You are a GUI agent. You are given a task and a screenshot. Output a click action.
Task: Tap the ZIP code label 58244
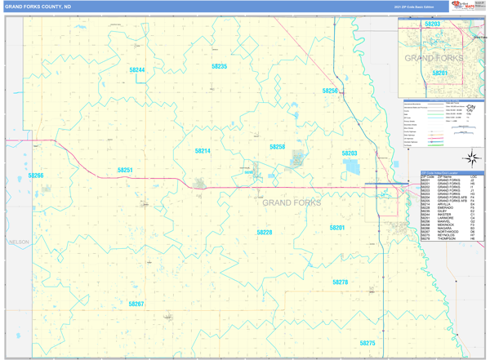[136, 70]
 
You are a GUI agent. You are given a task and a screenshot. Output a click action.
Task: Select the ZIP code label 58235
[219, 66]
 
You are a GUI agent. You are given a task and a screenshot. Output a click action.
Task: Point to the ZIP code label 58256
[330, 91]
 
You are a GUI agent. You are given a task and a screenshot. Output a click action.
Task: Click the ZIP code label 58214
[203, 151]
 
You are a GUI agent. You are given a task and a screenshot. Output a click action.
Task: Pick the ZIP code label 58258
[278, 147]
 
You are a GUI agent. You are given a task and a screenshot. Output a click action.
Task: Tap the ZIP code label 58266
[36, 176]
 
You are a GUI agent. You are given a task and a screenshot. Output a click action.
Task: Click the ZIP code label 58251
[125, 170]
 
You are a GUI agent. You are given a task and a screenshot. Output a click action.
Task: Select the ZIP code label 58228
[265, 233]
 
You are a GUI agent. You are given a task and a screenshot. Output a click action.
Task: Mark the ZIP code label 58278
[340, 282]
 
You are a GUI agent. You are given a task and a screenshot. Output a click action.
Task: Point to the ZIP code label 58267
[136, 304]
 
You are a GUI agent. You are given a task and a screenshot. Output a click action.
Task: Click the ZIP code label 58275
[367, 344]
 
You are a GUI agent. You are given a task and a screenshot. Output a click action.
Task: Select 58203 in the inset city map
[433, 24]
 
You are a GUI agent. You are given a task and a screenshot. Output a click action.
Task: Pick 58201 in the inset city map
[440, 73]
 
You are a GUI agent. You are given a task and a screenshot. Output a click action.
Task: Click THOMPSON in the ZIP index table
[447, 239]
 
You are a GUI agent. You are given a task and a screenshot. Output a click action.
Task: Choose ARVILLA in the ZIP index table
[446, 205]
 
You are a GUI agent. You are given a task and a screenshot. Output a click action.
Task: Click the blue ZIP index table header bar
[452, 172]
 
